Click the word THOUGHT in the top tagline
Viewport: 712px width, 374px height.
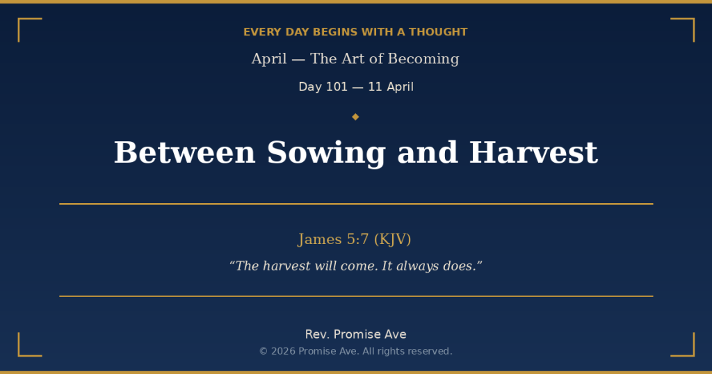(x=438, y=32)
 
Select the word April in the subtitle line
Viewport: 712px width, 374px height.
(x=269, y=59)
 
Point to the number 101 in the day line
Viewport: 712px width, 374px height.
(x=337, y=87)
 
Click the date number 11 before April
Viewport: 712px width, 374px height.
(x=375, y=87)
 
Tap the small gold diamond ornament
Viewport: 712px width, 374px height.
(x=355, y=117)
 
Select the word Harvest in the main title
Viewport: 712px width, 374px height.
(x=533, y=153)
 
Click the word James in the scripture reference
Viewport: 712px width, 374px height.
(x=320, y=240)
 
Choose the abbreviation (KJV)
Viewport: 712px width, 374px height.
(x=392, y=240)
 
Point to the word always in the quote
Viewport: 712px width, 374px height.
(x=417, y=266)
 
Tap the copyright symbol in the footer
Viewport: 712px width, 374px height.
(x=264, y=352)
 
